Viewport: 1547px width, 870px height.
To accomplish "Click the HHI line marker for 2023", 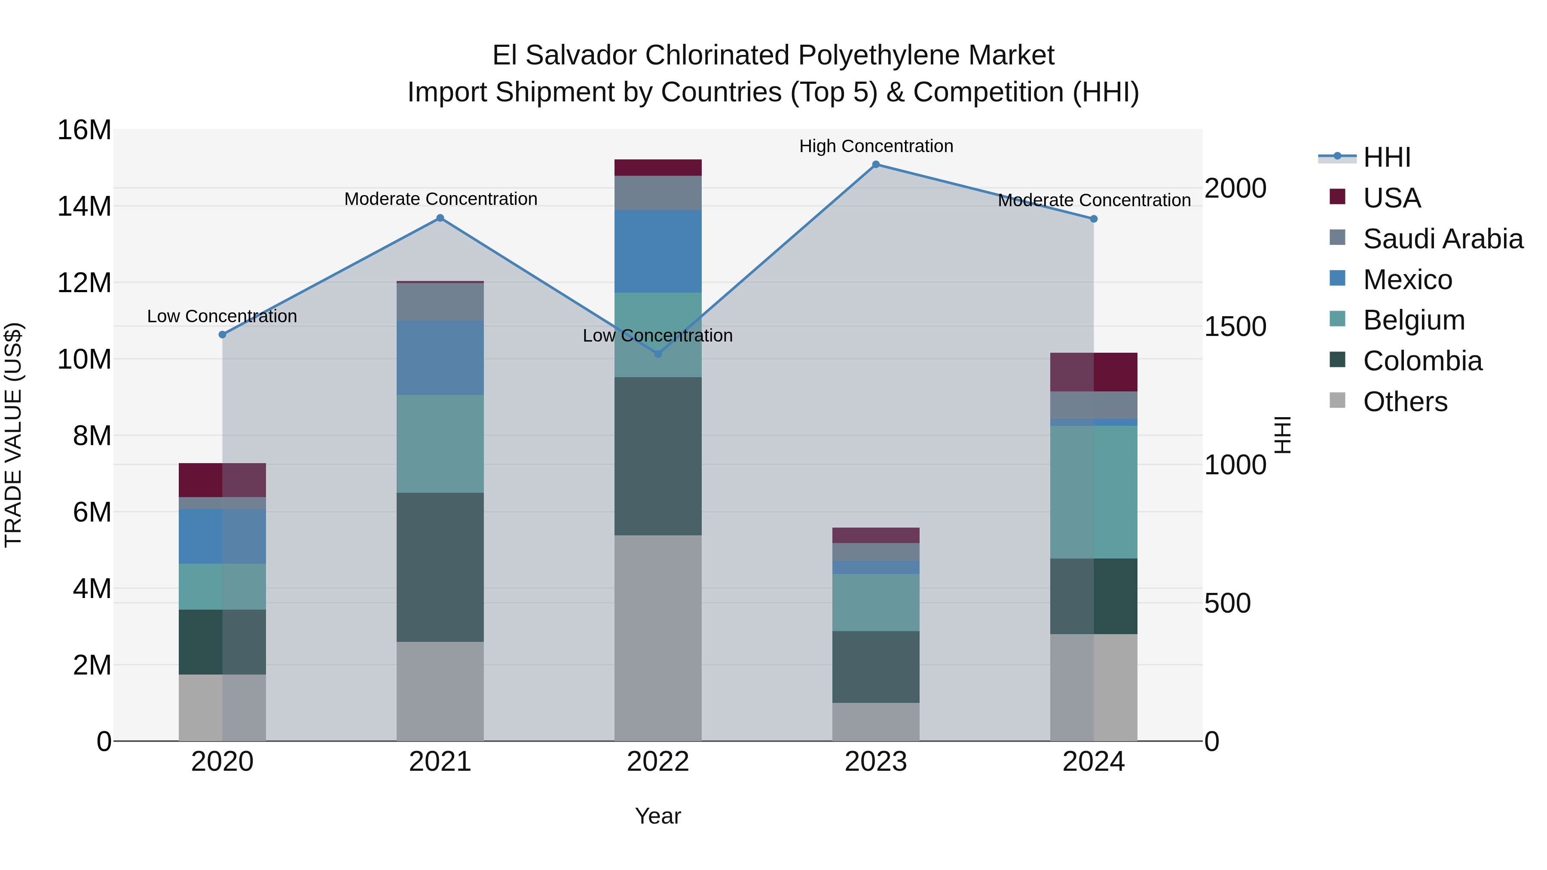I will (x=876, y=165).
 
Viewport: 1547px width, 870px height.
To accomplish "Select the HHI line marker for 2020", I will (x=222, y=334).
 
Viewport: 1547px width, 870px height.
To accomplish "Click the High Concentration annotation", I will (x=876, y=146).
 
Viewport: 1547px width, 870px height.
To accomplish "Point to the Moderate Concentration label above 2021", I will (x=440, y=199).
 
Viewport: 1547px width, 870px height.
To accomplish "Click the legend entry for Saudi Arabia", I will (x=1443, y=239).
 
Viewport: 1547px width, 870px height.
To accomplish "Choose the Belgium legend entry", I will (x=1414, y=320).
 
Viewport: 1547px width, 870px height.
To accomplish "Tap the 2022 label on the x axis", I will (x=657, y=762).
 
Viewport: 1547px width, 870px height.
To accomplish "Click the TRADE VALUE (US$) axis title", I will (x=14, y=435).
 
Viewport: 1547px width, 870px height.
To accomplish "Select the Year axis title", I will (x=657, y=816).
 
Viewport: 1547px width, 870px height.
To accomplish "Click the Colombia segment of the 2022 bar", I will (x=657, y=456).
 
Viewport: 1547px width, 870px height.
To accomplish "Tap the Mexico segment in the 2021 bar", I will (x=440, y=358).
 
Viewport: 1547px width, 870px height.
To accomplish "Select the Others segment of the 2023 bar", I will (x=876, y=722).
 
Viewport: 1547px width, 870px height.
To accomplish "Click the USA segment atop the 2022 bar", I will (x=657, y=168).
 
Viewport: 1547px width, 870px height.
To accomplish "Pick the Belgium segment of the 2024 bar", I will (x=1094, y=492).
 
